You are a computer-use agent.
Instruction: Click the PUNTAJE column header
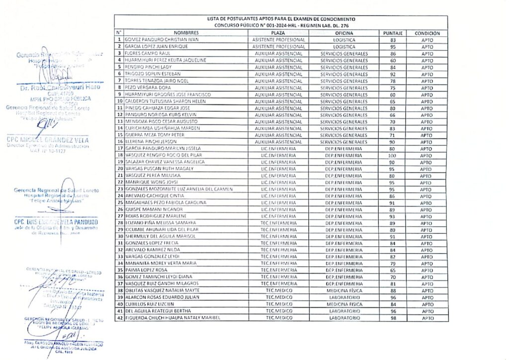(393, 33)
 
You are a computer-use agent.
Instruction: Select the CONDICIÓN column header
(426, 33)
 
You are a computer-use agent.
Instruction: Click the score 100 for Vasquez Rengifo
(393, 155)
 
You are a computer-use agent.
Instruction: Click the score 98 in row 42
(393, 318)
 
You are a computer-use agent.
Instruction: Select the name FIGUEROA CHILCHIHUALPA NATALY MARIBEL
(172, 318)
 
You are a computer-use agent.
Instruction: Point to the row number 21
(119, 176)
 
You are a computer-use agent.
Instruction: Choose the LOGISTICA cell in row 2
(344, 47)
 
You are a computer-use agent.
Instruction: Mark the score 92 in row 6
(393, 74)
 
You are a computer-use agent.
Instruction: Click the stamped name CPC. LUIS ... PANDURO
(56, 222)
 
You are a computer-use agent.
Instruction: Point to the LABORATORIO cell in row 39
(344, 297)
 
